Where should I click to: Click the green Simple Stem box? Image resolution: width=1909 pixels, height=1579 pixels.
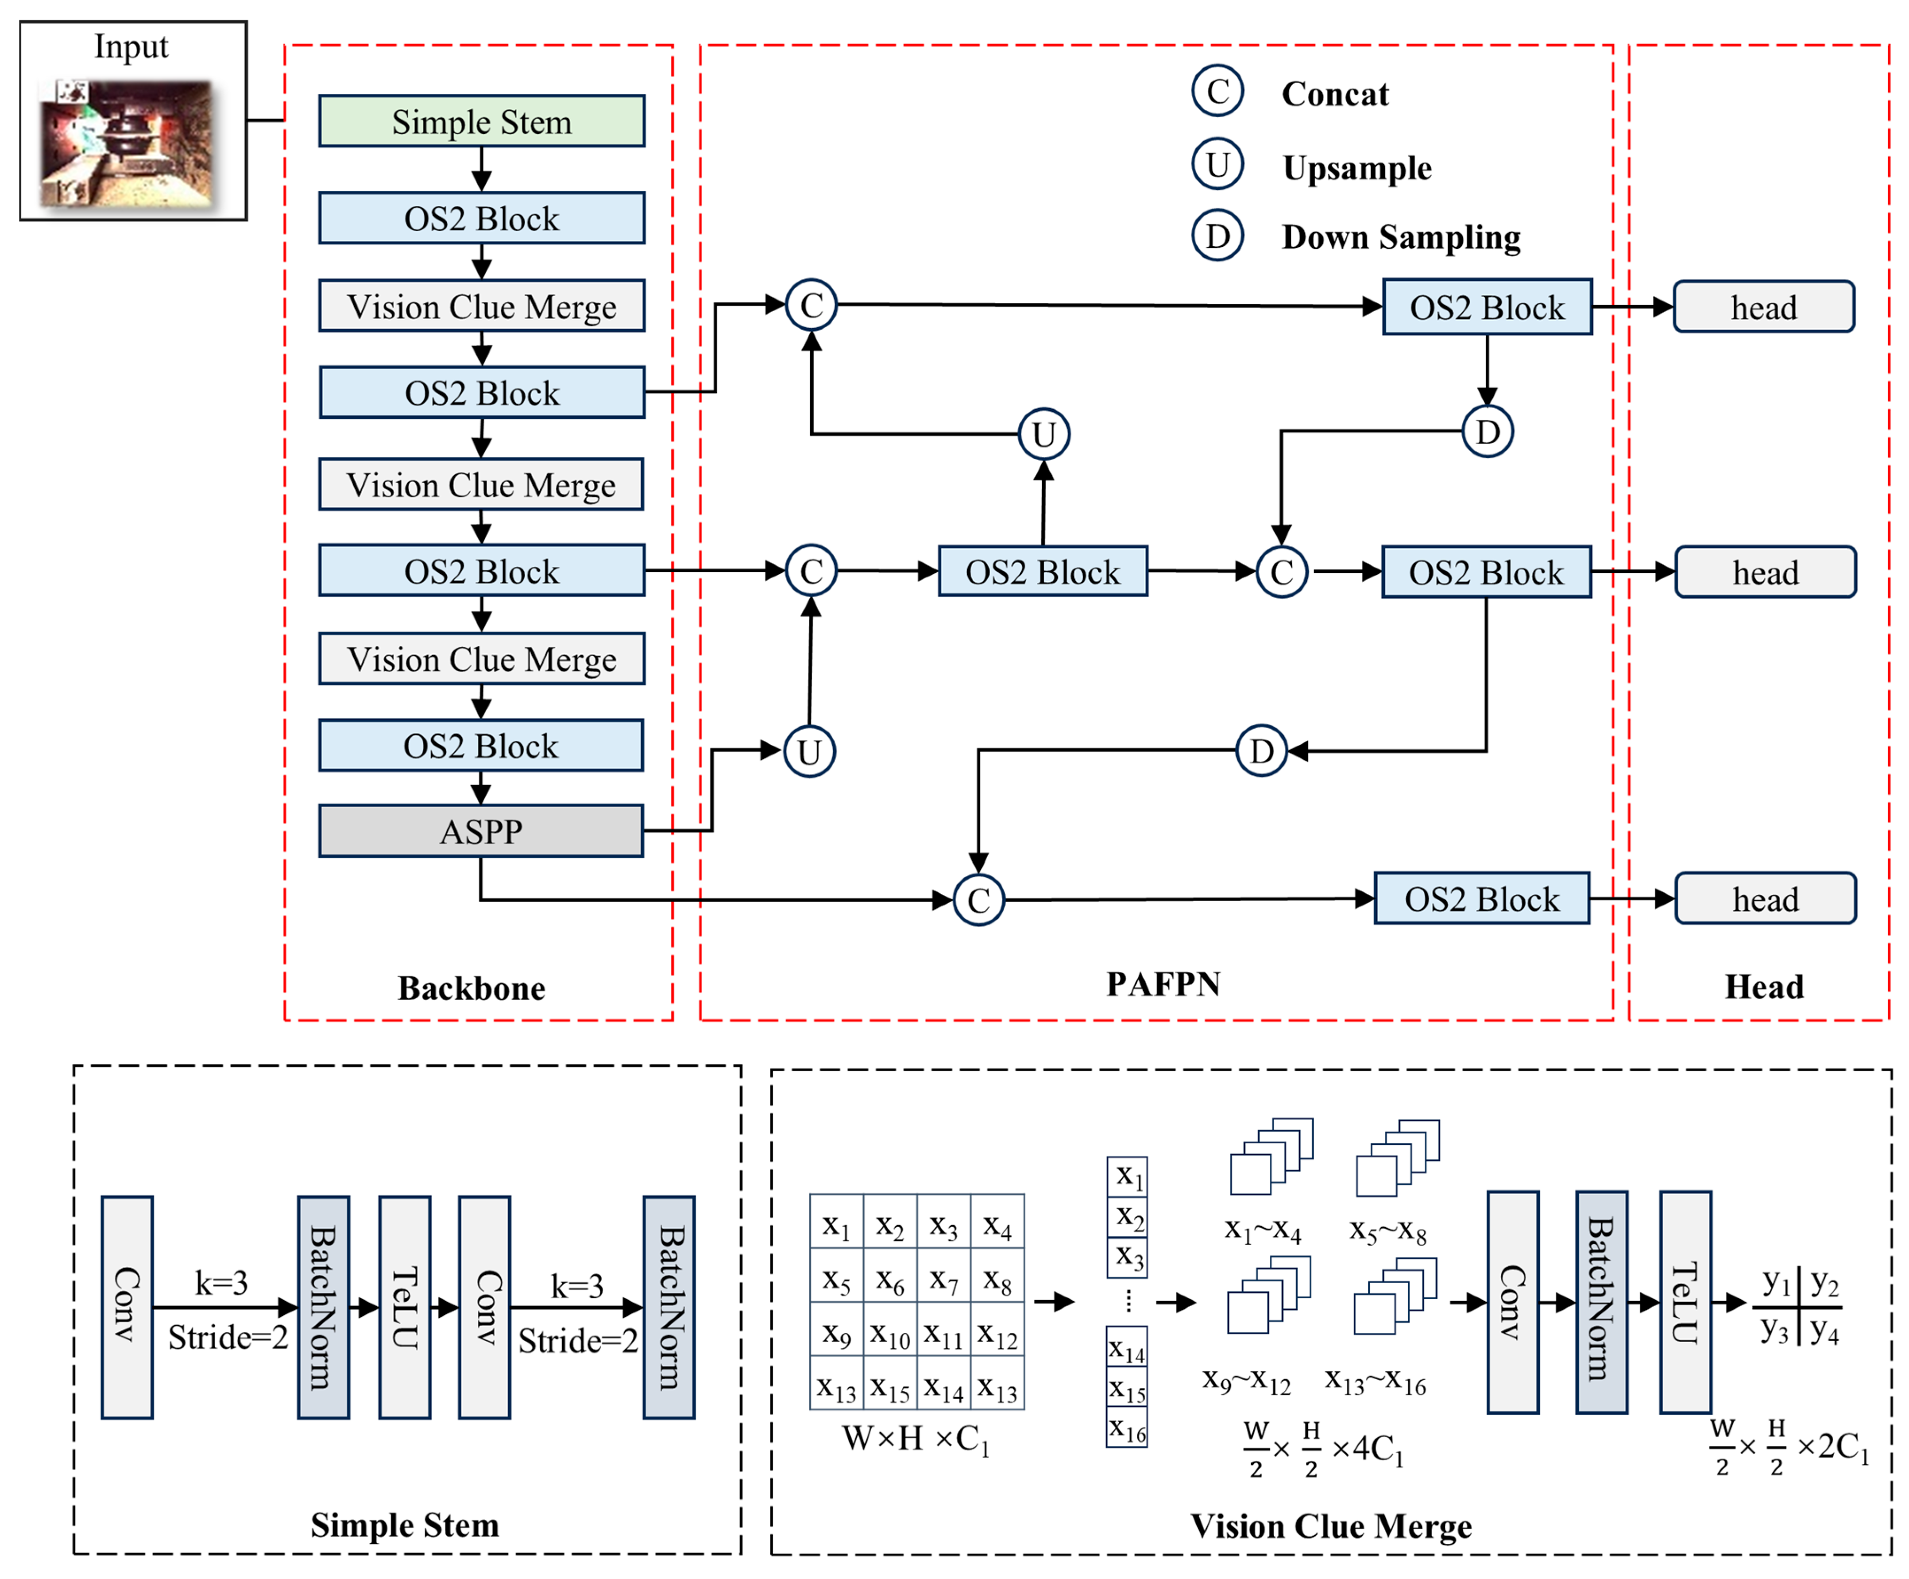pyautogui.click(x=482, y=121)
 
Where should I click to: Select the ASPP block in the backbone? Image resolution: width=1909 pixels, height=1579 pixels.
pyautogui.click(x=481, y=831)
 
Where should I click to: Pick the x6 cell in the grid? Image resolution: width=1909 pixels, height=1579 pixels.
pyautogui.click(x=890, y=1282)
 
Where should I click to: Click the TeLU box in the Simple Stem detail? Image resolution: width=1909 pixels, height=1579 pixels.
pyautogui.click(x=405, y=1307)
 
